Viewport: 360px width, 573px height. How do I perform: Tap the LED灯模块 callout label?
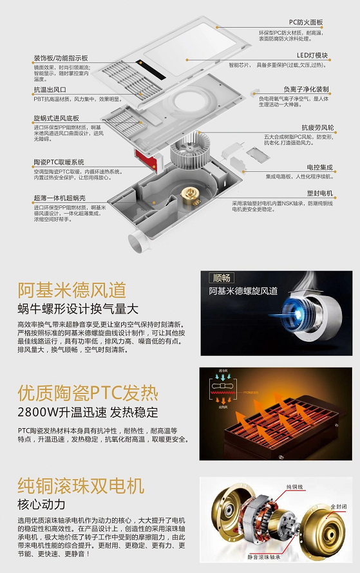click(x=312, y=55)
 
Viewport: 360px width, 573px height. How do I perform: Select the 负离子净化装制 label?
click(x=306, y=89)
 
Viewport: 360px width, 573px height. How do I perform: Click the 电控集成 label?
click(x=320, y=167)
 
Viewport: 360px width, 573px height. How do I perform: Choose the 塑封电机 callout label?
click(x=320, y=193)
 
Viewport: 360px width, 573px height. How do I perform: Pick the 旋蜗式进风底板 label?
click(x=57, y=119)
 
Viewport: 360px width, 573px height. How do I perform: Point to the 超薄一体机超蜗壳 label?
click(x=59, y=198)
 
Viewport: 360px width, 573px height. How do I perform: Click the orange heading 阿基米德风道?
click(x=71, y=290)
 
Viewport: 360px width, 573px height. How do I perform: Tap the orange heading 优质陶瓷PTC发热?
click(x=87, y=393)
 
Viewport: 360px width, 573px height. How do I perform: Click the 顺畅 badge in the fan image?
click(x=221, y=279)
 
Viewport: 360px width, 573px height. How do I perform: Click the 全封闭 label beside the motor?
click(x=339, y=508)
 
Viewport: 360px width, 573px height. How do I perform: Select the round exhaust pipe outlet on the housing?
click(x=139, y=244)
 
